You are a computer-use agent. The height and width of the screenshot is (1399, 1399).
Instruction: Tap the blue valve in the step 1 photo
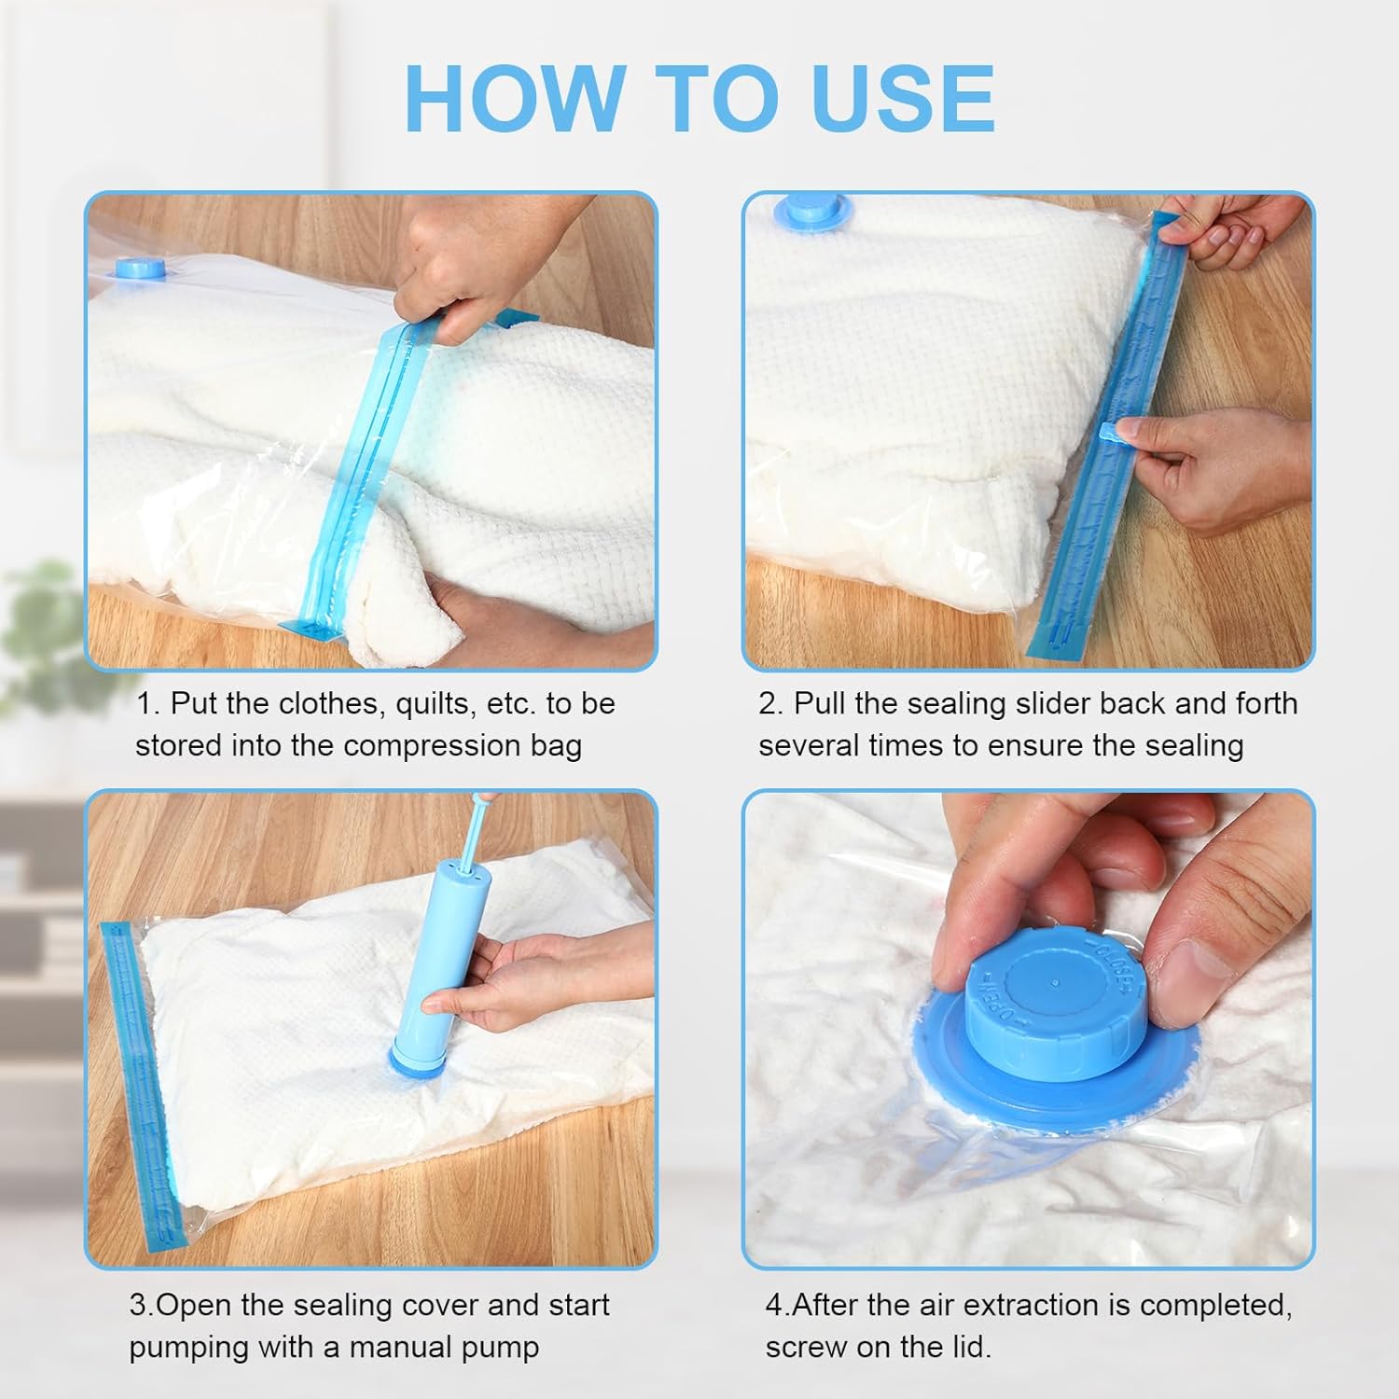(141, 268)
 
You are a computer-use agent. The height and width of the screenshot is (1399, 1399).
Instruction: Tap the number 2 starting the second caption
(770, 703)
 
